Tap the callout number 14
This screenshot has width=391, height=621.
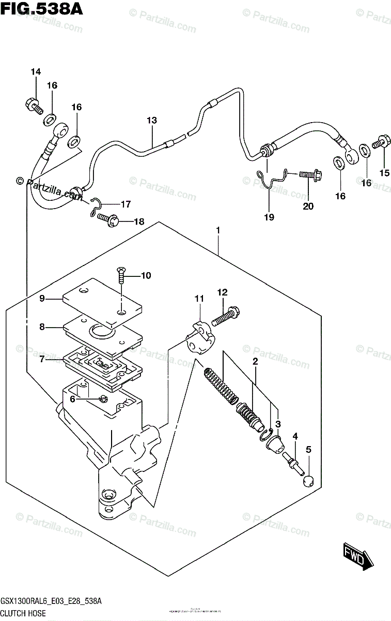35,72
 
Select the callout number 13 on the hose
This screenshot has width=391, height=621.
151,121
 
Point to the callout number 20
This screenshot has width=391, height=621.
308,206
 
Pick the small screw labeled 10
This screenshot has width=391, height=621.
121,275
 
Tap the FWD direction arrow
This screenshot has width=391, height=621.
356,559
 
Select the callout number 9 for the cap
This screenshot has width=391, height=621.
42,298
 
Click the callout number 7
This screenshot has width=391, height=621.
42,359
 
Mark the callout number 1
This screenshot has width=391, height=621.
218,229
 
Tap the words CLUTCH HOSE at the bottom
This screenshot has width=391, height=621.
23,613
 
